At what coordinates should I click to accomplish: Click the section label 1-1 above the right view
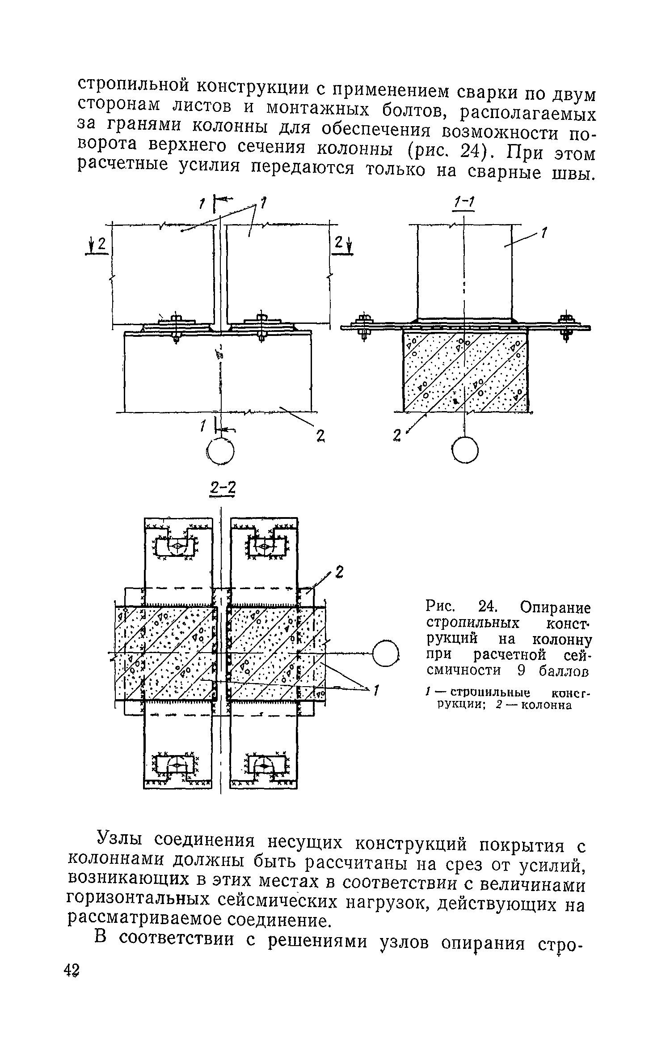[464, 204]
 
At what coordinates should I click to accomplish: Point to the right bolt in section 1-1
[567, 326]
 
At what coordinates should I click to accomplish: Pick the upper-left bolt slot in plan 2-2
[177, 546]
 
